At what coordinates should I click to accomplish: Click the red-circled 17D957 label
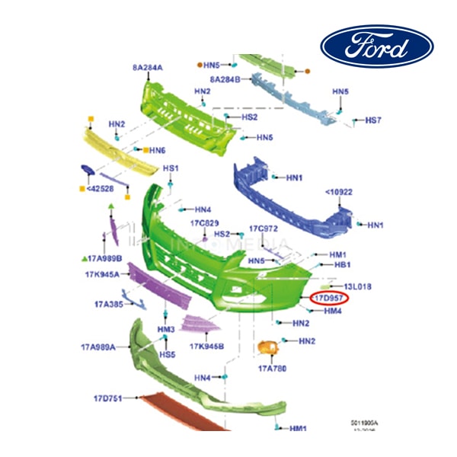pos(329,299)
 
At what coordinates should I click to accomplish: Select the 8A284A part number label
pos(148,68)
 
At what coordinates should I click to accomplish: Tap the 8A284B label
pos(225,78)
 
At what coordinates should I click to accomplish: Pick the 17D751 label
pos(109,398)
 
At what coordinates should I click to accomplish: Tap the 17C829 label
pos(204,223)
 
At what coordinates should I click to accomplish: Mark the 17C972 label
pos(264,228)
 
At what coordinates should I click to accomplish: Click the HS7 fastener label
pos(373,120)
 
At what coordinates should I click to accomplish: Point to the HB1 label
pos(343,264)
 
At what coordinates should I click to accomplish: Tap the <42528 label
pos(100,188)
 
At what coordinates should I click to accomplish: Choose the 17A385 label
pos(109,304)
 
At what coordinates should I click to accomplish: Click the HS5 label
pos(167,354)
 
